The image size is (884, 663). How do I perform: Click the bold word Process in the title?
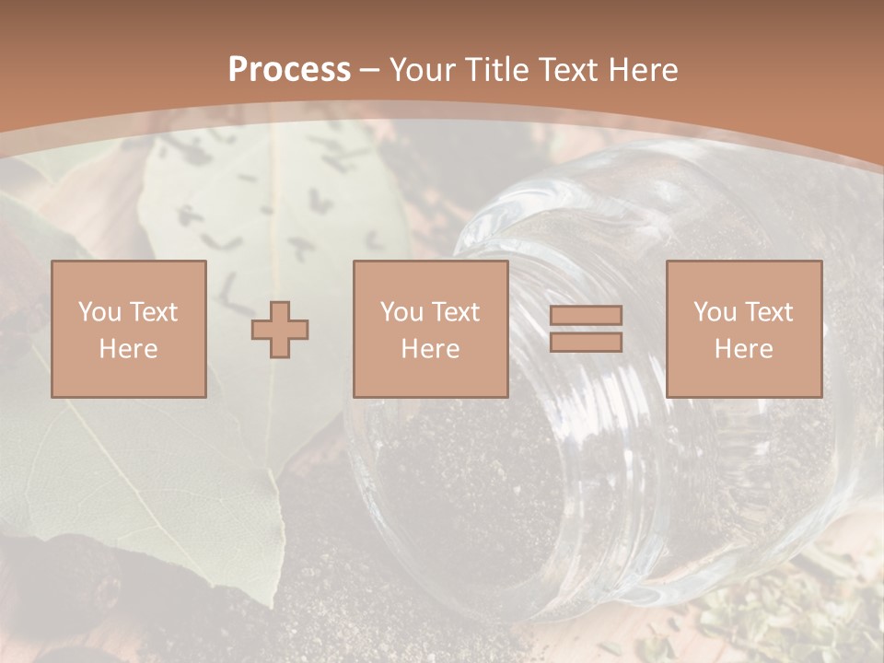tap(289, 69)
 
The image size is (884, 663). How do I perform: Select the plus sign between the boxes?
tap(281, 330)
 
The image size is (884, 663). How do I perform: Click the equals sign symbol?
tap(586, 329)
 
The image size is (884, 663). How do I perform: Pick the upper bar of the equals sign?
tap(586, 316)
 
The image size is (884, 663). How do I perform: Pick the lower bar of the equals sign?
tap(586, 342)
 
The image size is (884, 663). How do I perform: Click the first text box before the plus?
tap(129, 329)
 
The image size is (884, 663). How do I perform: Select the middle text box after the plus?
tap(431, 329)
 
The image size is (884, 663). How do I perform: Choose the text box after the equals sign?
tap(744, 329)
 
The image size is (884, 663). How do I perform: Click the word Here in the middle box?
tap(431, 349)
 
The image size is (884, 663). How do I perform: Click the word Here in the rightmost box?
tap(744, 349)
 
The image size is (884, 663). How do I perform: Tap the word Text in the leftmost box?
tap(154, 311)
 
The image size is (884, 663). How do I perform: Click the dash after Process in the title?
tap(370, 69)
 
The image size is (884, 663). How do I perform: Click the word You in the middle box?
tap(401, 311)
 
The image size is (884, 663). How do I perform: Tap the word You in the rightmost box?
tap(715, 311)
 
